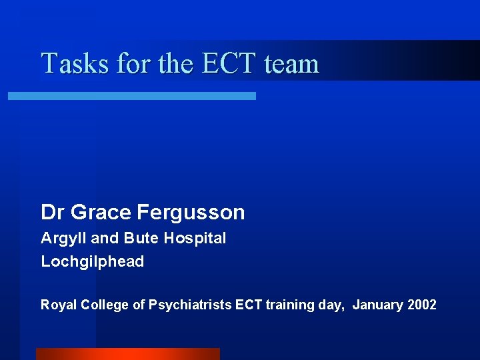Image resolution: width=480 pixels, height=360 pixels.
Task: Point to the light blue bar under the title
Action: (x=131, y=96)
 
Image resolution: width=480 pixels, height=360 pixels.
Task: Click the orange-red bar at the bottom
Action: (x=127, y=353)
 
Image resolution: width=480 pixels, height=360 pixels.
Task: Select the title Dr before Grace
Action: (x=53, y=213)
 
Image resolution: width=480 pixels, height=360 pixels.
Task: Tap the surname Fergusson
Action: (x=191, y=213)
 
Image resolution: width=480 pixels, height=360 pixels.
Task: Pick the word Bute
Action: (x=139, y=238)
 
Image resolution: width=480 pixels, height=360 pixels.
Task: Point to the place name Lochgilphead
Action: (x=93, y=261)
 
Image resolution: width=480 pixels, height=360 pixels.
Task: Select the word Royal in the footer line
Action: (x=59, y=305)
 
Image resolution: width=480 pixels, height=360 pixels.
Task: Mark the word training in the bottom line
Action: (x=287, y=305)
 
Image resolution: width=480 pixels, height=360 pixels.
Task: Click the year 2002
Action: (x=422, y=305)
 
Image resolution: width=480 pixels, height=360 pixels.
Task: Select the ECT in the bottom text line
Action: (x=250, y=305)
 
